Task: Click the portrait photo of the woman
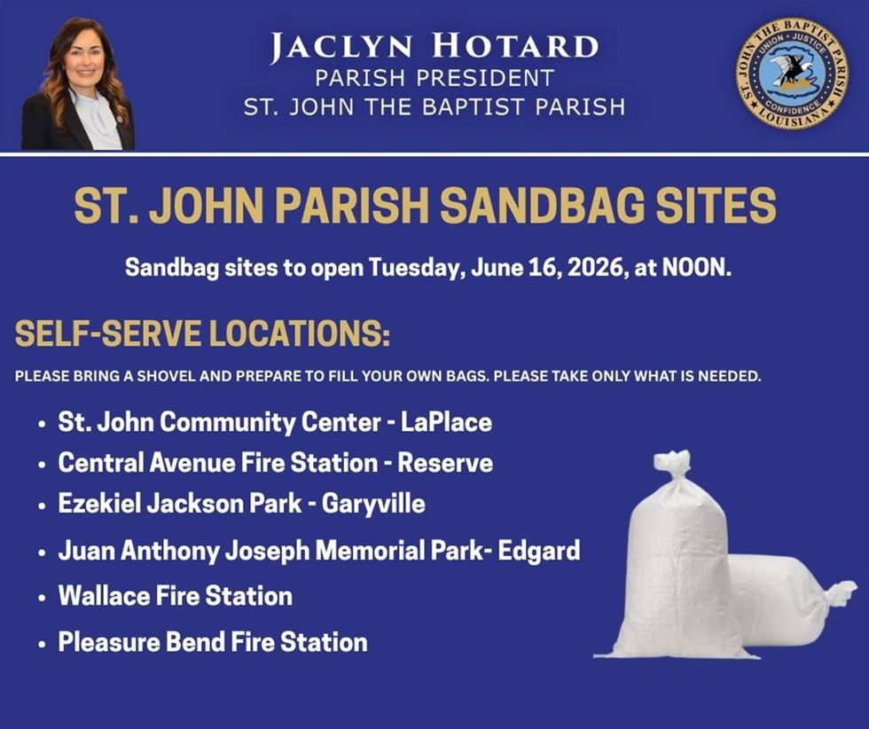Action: click(78, 83)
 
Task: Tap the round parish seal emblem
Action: click(791, 73)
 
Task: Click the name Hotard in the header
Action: click(515, 47)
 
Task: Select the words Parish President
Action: click(434, 78)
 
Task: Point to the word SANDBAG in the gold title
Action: click(542, 205)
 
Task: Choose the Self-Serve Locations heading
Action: click(202, 333)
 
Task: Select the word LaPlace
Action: click(446, 422)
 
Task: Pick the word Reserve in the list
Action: click(445, 463)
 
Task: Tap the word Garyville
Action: click(373, 505)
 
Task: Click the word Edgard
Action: click(539, 551)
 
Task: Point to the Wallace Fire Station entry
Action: click(176, 596)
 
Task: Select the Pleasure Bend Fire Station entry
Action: click(213, 642)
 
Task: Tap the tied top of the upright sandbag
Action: click(673, 464)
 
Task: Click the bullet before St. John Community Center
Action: click(42, 425)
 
